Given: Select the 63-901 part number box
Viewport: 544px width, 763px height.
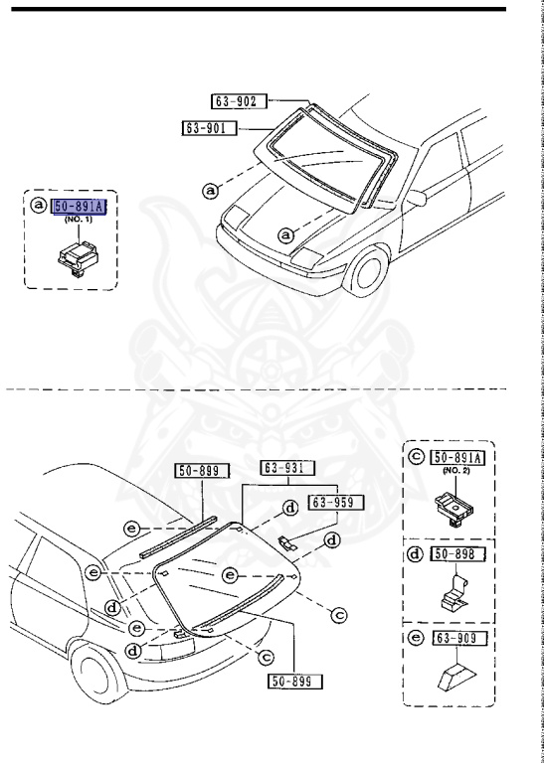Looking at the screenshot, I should click(209, 127).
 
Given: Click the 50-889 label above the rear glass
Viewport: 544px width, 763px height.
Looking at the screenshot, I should click(202, 471).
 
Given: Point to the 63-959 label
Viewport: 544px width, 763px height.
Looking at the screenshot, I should click(336, 502).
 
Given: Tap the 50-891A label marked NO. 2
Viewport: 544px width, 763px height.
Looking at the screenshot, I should click(458, 457).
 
